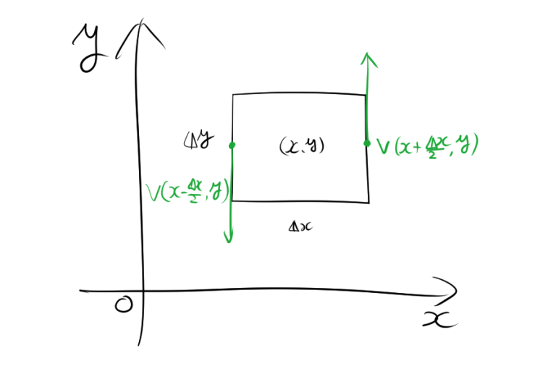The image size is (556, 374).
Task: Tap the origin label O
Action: coord(124,306)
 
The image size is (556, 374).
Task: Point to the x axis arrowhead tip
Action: coord(457,292)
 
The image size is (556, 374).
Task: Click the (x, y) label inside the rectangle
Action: coord(301,146)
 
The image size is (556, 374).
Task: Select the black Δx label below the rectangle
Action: coord(300,226)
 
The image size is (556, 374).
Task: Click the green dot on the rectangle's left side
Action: coord(232,145)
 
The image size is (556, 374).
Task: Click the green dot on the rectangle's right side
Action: coord(367,143)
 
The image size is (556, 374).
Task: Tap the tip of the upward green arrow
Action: coord(368,54)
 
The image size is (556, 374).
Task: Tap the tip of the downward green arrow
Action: coord(229,242)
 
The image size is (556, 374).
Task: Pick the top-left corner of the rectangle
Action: coord(232,94)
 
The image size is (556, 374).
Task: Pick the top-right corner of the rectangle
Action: coord(366,95)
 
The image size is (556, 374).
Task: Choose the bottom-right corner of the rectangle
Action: coord(368,201)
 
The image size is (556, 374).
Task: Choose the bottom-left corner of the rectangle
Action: coord(232,200)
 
